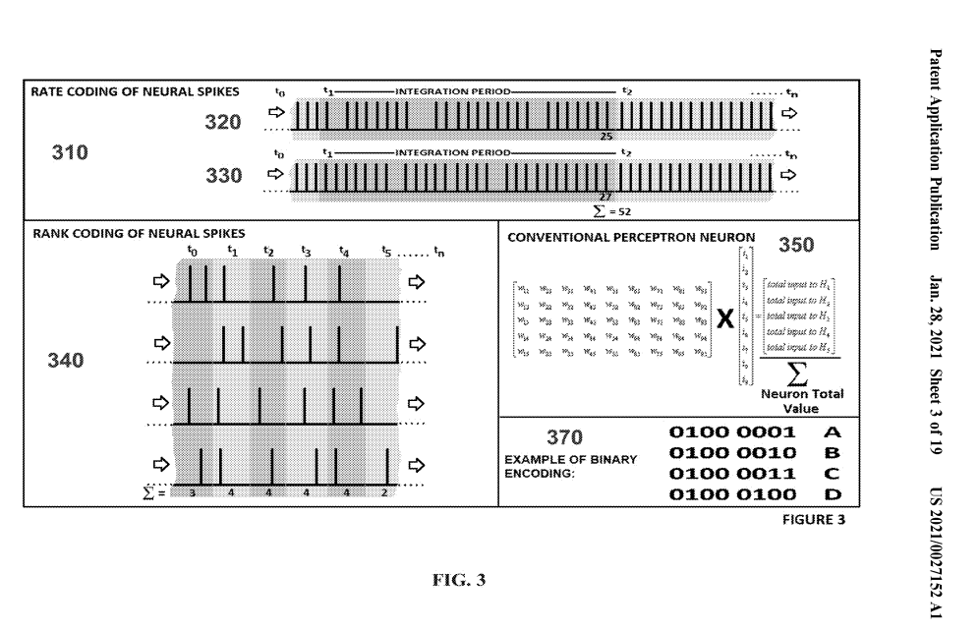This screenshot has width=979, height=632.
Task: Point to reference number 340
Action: tap(66, 363)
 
